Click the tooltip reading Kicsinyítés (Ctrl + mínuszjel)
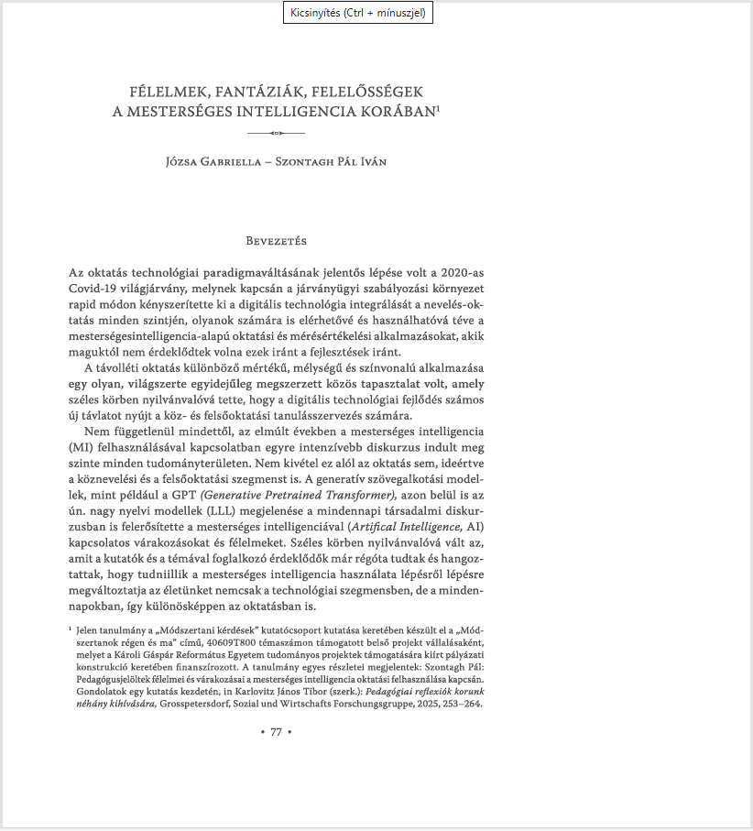[357, 13]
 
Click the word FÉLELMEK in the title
[169, 93]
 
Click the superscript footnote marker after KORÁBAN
[439, 108]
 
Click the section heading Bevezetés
[276, 241]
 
